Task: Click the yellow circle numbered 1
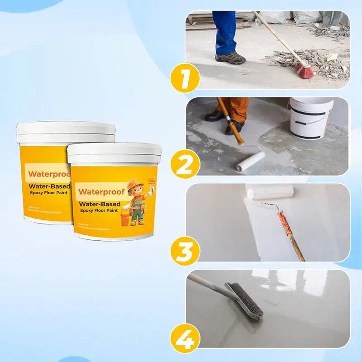point(185,78)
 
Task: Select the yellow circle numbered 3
point(185,251)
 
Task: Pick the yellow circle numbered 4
point(185,338)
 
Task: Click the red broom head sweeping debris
point(305,70)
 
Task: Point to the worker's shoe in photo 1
point(230,58)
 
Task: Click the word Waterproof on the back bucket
point(47,174)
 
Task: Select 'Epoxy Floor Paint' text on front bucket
point(99,210)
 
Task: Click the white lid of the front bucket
point(114,153)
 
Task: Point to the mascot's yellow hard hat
point(135,185)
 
